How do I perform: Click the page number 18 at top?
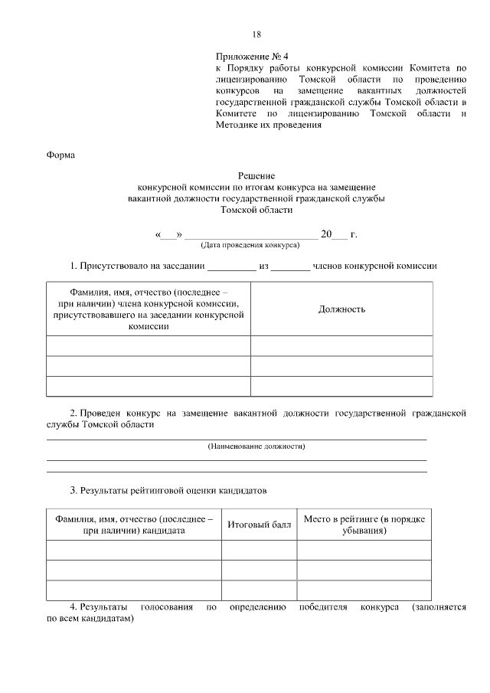[256, 34]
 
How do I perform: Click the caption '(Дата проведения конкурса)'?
[250, 246]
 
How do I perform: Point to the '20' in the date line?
[326, 234]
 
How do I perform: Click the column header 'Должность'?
[341, 309]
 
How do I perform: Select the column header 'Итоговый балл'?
[259, 525]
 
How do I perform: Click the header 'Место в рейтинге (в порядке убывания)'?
[364, 525]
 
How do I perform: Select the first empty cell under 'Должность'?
[341, 346]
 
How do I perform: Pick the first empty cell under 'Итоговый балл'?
[259, 551]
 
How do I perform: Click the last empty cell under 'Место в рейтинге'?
[364, 590]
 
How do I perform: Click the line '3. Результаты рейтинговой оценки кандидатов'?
[168, 489]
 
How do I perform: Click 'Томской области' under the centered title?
[256, 210]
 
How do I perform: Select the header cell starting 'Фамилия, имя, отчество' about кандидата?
[134, 525]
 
